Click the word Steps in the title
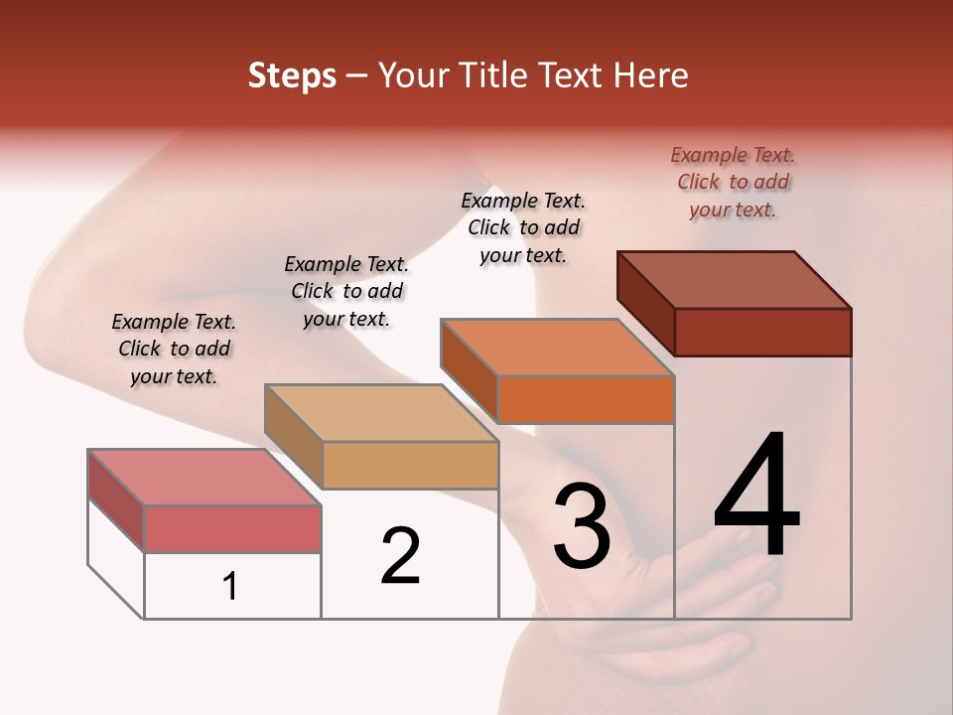(x=291, y=76)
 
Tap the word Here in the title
(x=651, y=76)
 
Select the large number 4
(x=756, y=496)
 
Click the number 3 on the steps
(x=582, y=527)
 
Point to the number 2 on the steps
(x=400, y=557)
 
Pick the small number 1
(x=230, y=587)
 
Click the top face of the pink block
(x=204, y=477)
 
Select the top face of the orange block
(x=557, y=348)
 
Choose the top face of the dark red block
(x=734, y=280)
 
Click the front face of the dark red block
(x=762, y=332)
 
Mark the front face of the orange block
(x=586, y=399)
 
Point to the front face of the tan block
(x=410, y=465)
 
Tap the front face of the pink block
(x=232, y=528)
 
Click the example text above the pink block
(x=174, y=349)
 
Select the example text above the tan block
(x=346, y=291)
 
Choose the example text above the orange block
(x=523, y=227)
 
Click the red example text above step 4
(x=733, y=182)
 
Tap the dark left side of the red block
(x=645, y=302)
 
